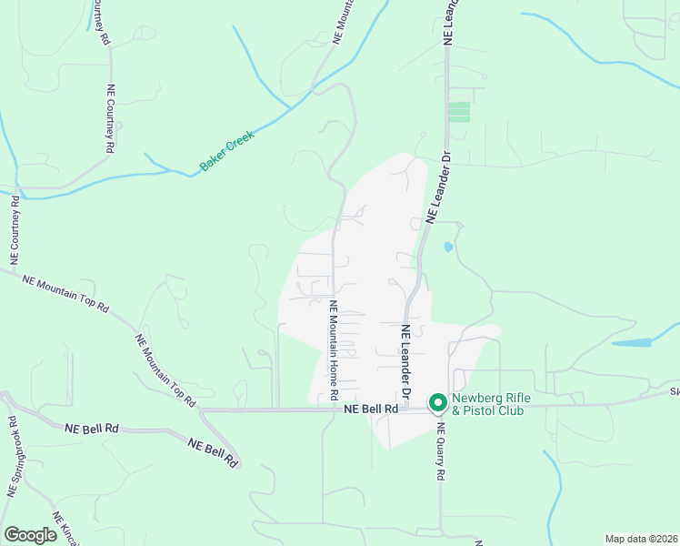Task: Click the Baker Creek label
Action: point(227,151)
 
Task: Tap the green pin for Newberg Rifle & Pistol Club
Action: point(436,400)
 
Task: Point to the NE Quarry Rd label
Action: point(440,451)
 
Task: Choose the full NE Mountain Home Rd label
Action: point(334,351)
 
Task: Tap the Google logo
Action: point(30,535)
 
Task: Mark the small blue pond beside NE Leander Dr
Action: point(447,247)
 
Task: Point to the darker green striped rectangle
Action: point(459,112)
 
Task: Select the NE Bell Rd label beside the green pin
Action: point(371,410)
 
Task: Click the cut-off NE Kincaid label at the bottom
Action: point(65,528)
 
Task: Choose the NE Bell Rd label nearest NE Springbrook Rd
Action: point(93,427)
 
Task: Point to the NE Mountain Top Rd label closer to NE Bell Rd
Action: point(165,369)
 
